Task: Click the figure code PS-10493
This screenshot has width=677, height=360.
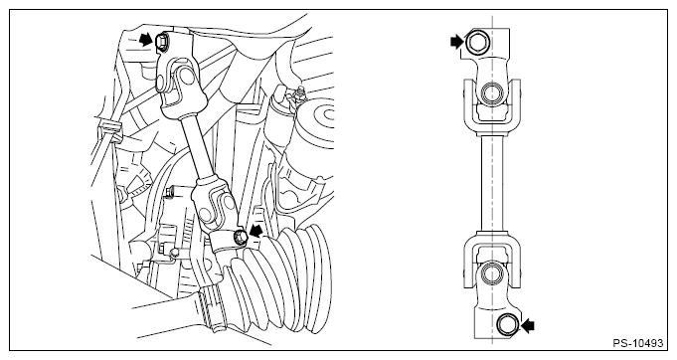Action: (637, 343)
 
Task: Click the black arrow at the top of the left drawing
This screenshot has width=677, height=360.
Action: (147, 41)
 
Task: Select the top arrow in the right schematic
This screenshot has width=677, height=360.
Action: (456, 42)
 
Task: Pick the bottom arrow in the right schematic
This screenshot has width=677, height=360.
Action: (528, 325)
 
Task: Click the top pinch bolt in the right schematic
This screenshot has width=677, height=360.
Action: (476, 43)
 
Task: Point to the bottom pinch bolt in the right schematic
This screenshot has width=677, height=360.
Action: (507, 324)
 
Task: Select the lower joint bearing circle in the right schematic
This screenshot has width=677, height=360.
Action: (491, 273)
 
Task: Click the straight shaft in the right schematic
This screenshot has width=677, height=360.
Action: (492, 184)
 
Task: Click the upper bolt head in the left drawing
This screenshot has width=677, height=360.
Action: (161, 43)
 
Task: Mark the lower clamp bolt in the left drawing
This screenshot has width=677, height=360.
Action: (240, 237)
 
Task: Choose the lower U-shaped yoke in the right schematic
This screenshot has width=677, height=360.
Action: (492, 261)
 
